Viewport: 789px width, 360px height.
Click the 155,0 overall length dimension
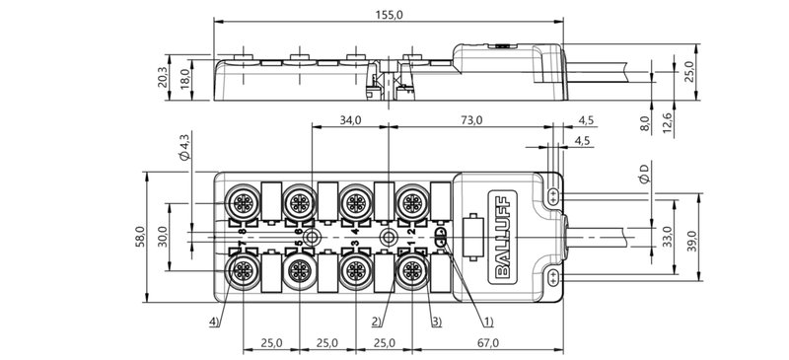(x=388, y=15)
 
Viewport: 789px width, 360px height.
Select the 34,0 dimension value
(x=350, y=120)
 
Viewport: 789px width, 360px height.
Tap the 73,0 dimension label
(x=471, y=120)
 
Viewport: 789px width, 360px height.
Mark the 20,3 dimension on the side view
(x=164, y=77)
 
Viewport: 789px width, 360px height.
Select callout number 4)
(x=214, y=321)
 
